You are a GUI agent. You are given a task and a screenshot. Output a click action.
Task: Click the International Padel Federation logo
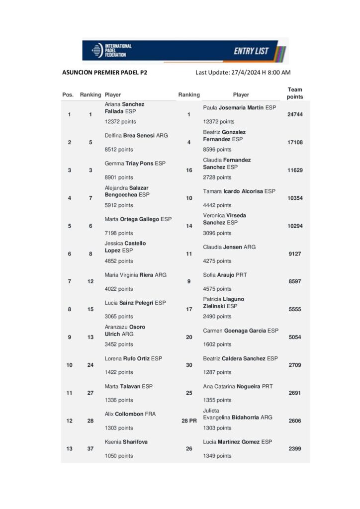[x=111, y=51]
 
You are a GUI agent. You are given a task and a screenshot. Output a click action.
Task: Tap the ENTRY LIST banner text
[x=251, y=51]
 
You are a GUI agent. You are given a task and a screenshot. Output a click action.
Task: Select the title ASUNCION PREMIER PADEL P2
[x=104, y=73]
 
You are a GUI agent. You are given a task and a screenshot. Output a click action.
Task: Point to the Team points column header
[x=295, y=93]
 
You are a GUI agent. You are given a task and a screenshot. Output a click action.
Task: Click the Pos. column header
[x=68, y=94]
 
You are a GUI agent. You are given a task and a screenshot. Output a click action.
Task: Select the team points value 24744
[x=295, y=114]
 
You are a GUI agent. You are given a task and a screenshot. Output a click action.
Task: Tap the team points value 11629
[x=295, y=170]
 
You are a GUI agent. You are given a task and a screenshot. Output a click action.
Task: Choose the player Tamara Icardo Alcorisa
[x=239, y=191]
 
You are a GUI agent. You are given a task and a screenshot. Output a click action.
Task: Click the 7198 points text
[x=119, y=233]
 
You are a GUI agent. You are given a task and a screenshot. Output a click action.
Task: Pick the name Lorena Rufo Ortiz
[x=133, y=358]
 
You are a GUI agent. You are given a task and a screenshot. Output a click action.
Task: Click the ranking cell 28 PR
[x=189, y=421]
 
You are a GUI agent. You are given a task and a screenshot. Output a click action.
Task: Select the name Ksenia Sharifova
[x=126, y=441]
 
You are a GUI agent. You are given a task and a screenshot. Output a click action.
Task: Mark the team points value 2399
[x=295, y=448]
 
